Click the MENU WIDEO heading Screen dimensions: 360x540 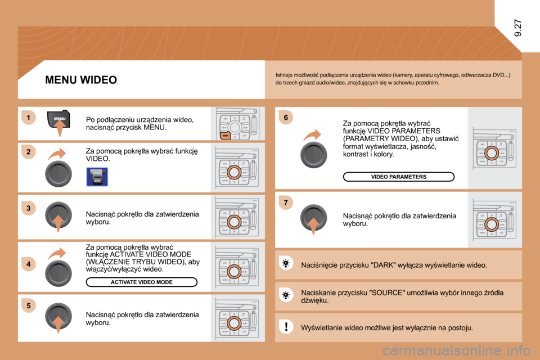(81, 80)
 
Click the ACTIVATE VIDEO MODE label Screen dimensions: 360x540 (141, 282)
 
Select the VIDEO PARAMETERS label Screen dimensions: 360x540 (399, 177)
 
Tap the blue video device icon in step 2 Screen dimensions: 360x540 (97, 177)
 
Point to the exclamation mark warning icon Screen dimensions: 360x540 (286, 327)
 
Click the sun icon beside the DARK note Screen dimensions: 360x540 (286, 264)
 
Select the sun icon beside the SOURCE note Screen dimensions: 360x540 (286, 295)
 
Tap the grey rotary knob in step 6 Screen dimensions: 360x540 (313, 155)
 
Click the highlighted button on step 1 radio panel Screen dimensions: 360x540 (225, 136)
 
